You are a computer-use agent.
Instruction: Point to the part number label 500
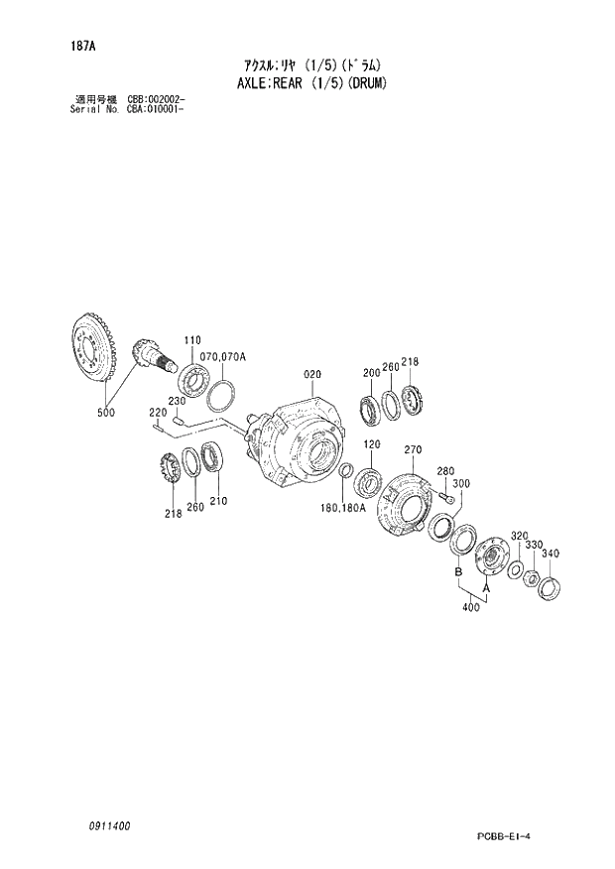tap(105, 411)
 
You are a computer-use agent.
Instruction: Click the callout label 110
tap(190, 339)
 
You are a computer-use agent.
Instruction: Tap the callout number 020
tap(312, 374)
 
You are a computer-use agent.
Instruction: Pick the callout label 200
tap(371, 373)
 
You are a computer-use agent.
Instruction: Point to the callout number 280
tap(445, 471)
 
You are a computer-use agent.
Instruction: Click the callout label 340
tap(553, 554)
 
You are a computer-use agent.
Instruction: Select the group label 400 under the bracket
tap(471, 607)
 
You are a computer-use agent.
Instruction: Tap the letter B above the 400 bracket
tap(457, 573)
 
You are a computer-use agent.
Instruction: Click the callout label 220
tap(157, 412)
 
